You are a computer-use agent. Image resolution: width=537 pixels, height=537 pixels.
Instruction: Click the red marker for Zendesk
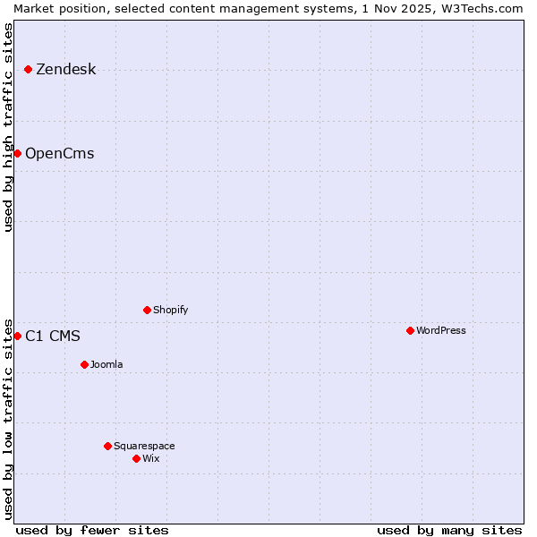pyautogui.click(x=28, y=69)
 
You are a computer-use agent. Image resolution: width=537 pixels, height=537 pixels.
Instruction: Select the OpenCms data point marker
pyautogui.click(x=17, y=153)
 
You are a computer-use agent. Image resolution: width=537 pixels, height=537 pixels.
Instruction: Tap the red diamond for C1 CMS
pyautogui.click(x=17, y=336)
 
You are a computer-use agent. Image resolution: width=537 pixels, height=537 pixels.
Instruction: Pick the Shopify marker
pyautogui.click(x=147, y=310)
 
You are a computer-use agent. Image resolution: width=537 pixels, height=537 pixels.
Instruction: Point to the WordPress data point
pyautogui.click(x=410, y=330)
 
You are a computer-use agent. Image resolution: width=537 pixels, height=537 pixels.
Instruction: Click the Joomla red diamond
pyautogui.click(x=84, y=364)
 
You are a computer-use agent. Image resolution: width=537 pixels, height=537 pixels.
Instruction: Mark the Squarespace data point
pyautogui.click(x=107, y=446)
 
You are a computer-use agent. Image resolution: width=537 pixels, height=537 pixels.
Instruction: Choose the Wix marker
pyautogui.click(x=136, y=458)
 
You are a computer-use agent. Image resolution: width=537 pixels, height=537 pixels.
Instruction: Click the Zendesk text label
pyautogui.click(x=65, y=69)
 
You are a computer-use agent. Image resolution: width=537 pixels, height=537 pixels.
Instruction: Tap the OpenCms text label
pyautogui.click(x=59, y=153)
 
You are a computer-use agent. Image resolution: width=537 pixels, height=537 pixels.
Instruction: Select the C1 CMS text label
pyautogui.click(x=52, y=336)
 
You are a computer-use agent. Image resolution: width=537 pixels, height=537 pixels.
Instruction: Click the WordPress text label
pyautogui.click(x=440, y=330)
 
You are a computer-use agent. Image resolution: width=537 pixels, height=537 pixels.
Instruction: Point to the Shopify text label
pyautogui.click(x=170, y=310)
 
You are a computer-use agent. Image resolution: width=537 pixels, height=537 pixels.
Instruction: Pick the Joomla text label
pyautogui.click(x=107, y=364)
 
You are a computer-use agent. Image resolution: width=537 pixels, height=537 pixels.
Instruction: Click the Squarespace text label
pyautogui.click(x=144, y=446)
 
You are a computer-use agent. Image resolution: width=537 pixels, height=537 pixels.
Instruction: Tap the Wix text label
pyautogui.click(x=150, y=458)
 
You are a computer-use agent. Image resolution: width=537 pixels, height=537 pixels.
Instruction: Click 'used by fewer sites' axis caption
pyautogui.click(x=92, y=530)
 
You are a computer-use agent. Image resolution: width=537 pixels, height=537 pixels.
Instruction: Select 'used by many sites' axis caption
pyautogui.click(x=449, y=530)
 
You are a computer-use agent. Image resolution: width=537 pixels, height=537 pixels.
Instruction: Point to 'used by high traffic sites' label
pyautogui.click(x=8, y=127)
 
